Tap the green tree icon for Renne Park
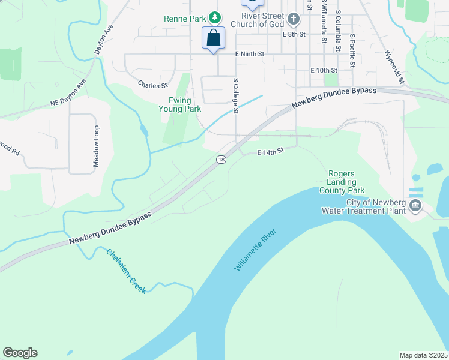213,18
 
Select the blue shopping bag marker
214,38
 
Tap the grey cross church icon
293,19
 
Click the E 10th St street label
324,70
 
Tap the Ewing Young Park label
179,104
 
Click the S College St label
236,95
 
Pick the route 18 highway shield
221,160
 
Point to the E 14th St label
270,153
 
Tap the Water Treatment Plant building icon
415,206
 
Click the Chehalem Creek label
127,271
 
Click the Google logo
20,353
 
